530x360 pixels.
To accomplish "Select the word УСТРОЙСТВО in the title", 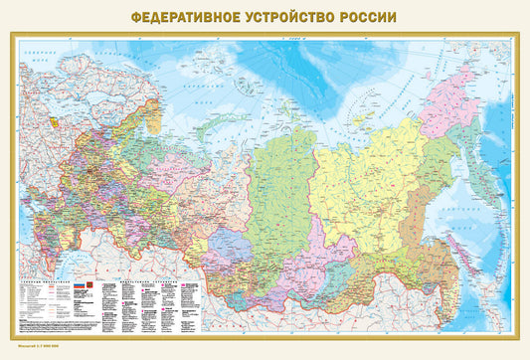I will coord(288,18).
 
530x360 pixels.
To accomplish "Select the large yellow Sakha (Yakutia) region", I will coord(368,169).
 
